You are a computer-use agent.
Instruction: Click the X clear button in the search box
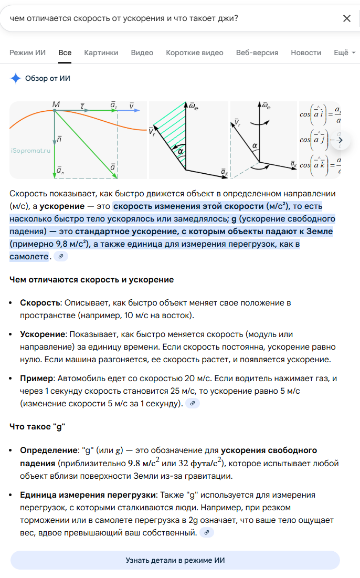point(346,18)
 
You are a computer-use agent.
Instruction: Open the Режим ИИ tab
point(28,52)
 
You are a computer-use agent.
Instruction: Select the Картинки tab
point(101,52)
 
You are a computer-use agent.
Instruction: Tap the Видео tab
point(142,52)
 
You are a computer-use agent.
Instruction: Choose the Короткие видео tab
point(194,52)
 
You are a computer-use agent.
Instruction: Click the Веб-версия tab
point(257,52)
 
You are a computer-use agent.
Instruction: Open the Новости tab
point(305,52)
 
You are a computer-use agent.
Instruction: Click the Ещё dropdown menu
point(344,52)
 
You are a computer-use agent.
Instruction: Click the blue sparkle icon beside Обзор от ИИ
point(15,79)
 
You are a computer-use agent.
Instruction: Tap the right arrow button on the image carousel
point(340,140)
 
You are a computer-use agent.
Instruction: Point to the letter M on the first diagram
point(56,105)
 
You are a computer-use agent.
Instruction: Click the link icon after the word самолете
point(61,257)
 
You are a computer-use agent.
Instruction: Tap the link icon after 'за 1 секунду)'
point(193,404)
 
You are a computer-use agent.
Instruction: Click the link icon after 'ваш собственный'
point(207,533)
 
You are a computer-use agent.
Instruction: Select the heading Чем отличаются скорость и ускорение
point(91,280)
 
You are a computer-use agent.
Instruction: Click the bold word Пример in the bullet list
point(37,379)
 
